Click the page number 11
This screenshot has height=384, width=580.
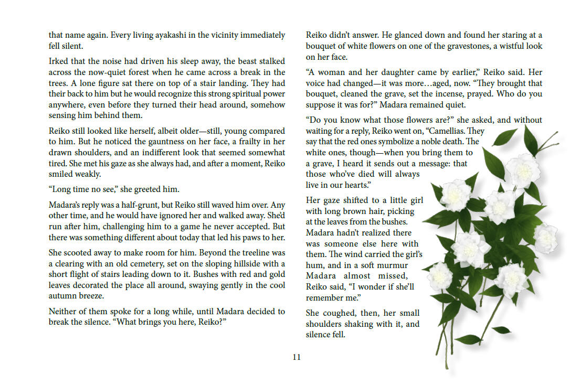pos(297,357)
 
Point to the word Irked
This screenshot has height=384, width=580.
pos(59,61)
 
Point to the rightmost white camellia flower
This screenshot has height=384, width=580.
pos(546,238)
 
